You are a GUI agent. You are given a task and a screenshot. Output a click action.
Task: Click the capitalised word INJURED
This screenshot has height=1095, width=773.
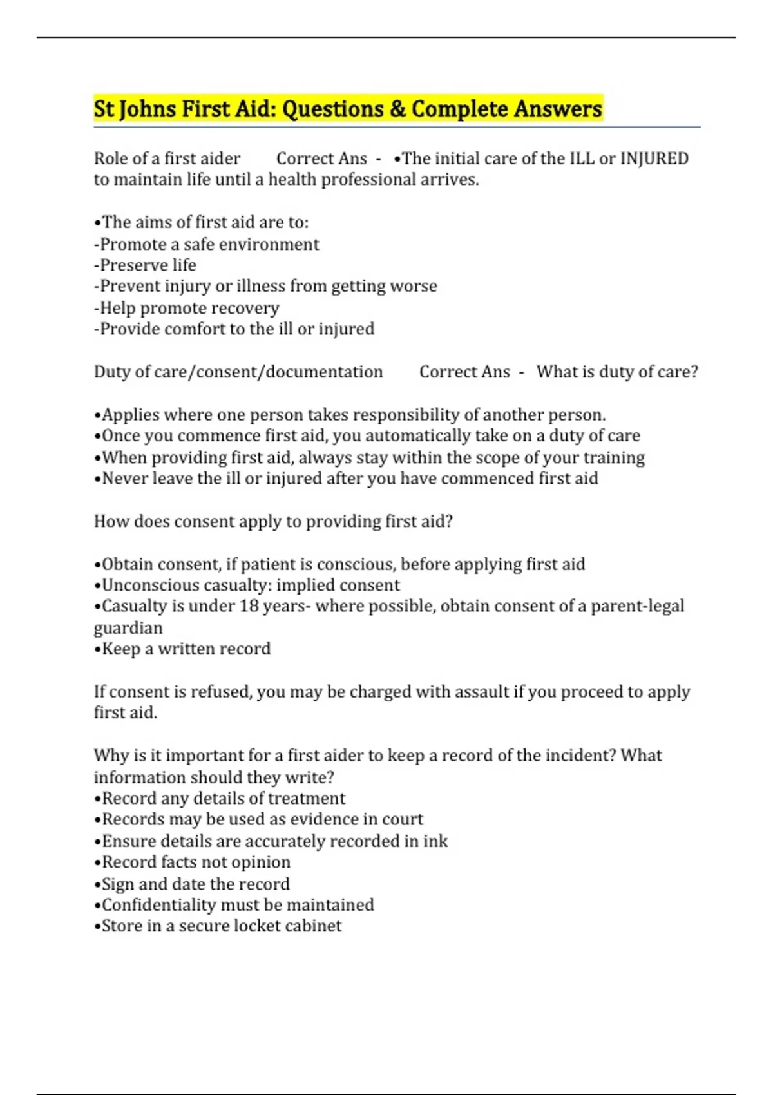(654, 158)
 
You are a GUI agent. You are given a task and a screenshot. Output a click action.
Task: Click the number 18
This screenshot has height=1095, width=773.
(249, 606)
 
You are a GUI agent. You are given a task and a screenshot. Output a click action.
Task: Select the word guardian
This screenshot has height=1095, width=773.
(128, 628)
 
